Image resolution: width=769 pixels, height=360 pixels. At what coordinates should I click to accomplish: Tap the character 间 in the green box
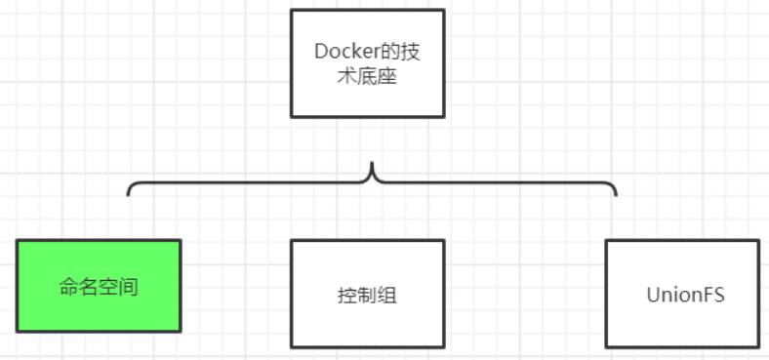pos(129,289)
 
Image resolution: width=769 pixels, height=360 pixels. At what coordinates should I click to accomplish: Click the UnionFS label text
pos(685,294)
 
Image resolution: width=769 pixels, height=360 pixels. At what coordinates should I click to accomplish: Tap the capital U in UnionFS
pos(653,294)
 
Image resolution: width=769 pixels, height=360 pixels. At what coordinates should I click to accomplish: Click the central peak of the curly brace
pos(372,165)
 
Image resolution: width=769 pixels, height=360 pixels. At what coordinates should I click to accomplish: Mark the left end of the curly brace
pos(128,195)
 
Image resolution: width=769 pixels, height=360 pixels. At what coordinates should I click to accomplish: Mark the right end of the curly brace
pos(616,195)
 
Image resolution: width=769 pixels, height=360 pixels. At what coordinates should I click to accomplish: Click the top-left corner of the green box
pos(17,240)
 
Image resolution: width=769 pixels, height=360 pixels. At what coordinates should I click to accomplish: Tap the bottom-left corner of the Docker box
pos(291,117)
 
